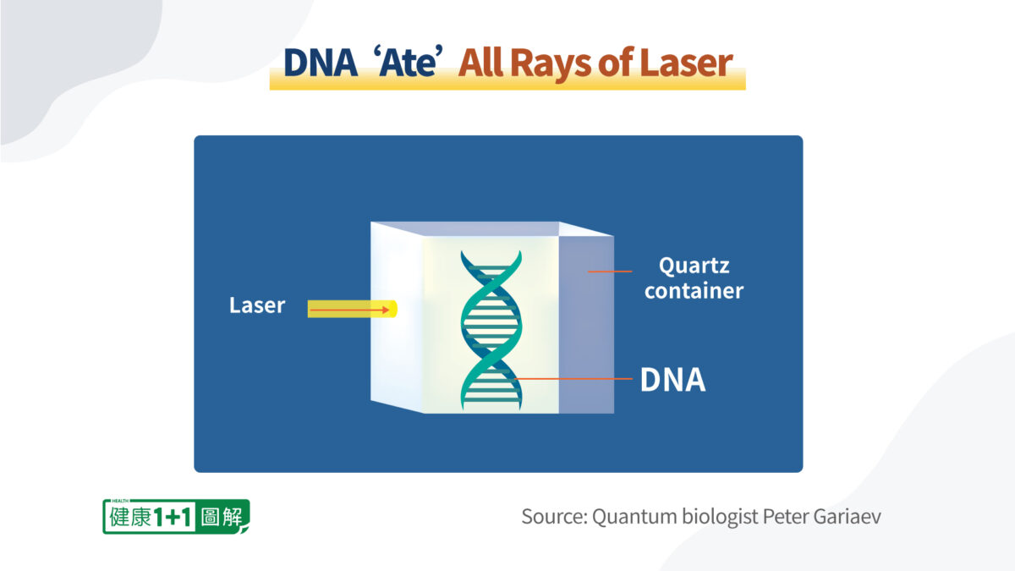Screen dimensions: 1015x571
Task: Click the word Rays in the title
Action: tap(550, 63)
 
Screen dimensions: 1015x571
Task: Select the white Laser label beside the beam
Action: tap(257, 305)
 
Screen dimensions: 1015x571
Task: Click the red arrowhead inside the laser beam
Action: tap(386, 310)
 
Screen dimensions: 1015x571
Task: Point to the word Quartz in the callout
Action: tap(694, 266)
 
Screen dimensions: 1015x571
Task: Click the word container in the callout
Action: tap(694, 290)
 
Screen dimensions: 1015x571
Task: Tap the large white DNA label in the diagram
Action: tap(673, 379)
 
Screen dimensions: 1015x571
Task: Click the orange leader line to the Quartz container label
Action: tap(610, 272)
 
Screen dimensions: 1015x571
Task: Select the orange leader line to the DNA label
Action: tap(573, 378)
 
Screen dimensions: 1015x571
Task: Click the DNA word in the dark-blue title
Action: tap(321, 63)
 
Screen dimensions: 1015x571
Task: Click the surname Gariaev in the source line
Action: tap(847, 517)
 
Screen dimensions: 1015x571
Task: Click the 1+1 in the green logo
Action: tap(173, 517)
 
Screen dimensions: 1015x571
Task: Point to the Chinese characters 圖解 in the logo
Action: tap(222, 517)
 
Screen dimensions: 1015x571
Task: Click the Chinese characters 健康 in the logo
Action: tap(130, 517)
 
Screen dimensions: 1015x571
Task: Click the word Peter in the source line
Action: tap(786, 517)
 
